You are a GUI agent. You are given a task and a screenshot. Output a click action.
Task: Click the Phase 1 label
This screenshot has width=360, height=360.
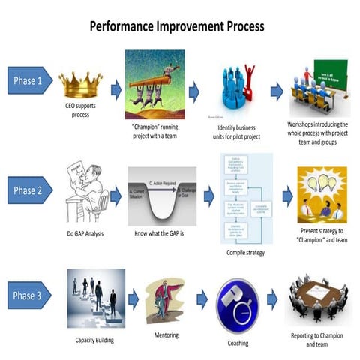pos(28,80)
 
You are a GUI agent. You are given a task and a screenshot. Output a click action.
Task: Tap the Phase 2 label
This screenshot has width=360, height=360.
pos(28,191)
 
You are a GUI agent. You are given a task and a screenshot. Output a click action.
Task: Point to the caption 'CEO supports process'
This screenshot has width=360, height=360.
pos(80,112)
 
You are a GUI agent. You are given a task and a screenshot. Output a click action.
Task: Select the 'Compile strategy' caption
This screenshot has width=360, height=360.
pos(241,252)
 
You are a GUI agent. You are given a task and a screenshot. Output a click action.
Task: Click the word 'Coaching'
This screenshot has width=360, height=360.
pos(238,343)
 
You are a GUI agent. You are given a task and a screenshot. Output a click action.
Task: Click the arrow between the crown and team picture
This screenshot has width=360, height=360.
pos(115,91)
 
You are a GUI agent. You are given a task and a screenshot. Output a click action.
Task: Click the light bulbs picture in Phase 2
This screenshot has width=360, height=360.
pos(321,193)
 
